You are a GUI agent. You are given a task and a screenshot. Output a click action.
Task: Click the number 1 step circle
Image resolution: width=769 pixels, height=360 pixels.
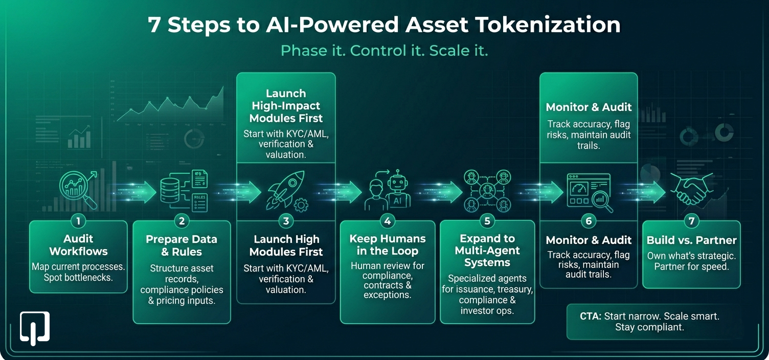tap(78, 221)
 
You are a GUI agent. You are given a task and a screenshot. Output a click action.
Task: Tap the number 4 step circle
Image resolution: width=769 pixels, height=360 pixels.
tap(388, 221)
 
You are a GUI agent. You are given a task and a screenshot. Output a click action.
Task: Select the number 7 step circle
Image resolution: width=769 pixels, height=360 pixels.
tap(691, 221)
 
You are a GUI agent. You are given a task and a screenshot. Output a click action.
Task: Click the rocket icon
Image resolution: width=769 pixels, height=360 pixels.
tap(286, 191)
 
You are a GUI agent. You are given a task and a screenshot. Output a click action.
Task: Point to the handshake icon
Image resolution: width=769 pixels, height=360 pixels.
tap(691, 189)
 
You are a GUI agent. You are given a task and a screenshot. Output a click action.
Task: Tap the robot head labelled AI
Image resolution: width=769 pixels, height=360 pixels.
tap(398, 191)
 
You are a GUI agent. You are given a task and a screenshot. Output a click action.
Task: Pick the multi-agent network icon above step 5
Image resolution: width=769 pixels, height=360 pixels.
tap(487, 191)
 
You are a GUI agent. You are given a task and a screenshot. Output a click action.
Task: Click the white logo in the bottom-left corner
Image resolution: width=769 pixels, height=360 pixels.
tap(35, 327)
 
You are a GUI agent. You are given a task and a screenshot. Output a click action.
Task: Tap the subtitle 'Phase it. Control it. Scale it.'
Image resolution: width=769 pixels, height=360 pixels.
tap(384, 51)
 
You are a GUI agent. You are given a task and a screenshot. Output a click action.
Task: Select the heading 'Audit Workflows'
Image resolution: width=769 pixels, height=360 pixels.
tap(78, 245)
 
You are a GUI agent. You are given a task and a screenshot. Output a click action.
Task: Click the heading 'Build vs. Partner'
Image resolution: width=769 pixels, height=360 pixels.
tap(691, 240)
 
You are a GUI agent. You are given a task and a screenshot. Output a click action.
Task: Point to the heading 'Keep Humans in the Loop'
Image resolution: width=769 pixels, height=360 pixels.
tap(388, 244)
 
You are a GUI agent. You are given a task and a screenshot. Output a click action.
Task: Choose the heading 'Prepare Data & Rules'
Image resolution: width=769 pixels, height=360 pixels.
tap(182, 245)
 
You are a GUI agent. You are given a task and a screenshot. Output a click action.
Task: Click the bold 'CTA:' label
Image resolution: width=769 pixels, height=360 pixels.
tap(591, 316)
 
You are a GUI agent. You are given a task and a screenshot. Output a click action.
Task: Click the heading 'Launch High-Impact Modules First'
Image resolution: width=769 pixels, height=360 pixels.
tap(286, 106)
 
